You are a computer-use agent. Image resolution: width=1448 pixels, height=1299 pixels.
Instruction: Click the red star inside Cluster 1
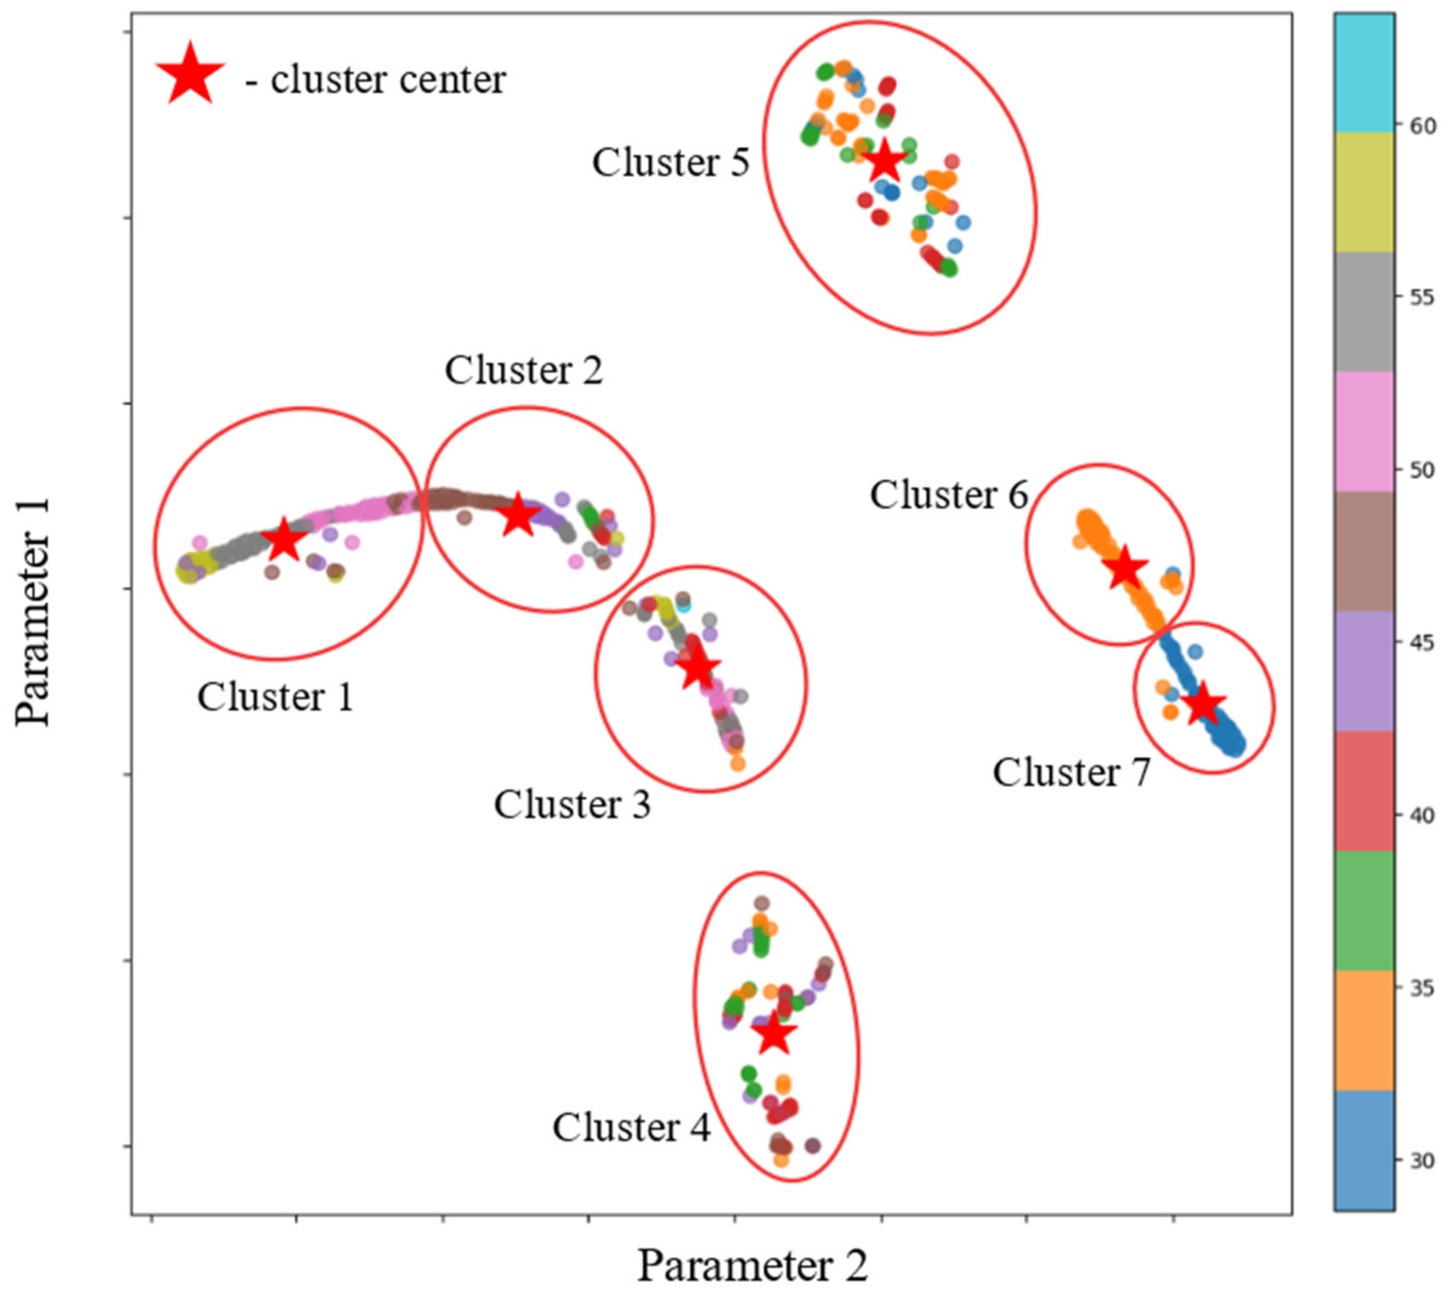[x=284, y=540]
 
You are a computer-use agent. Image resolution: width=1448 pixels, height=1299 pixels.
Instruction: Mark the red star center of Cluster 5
[x=884, y=161]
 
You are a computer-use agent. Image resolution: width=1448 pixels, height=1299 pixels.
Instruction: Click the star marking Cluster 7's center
[x=1203, y=705]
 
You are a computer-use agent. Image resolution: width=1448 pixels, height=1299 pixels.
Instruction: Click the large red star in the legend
[x=190, y=74]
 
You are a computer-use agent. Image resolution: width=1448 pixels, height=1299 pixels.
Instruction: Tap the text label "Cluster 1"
[x=275, y=697]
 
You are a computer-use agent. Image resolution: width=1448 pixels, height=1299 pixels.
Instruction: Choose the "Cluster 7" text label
[x=1071, y=772]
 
